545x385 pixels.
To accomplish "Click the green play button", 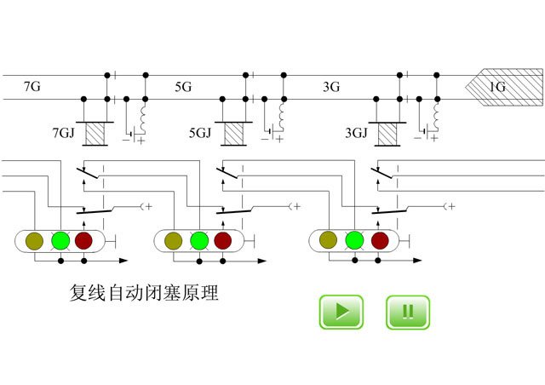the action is pos(341,312).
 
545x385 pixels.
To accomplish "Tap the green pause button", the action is pos(408,312).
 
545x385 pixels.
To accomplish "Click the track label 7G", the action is pos(32,86).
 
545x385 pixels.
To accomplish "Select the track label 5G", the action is pos(183,87).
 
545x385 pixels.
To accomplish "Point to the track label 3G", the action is pos(331,87).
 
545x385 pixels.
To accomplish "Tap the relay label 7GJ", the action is pos(63,133).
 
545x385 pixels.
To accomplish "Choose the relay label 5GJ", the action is pos(200,133).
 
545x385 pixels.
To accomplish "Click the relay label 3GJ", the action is pos(356,133).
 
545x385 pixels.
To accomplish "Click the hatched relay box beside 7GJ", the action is pos(95,134).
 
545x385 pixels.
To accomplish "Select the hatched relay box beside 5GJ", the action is pos(233,134).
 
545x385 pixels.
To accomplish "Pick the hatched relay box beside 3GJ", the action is pos(387,135).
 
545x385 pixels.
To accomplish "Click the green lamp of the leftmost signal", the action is pos(60,240).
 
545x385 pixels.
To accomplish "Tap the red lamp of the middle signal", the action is pos(223,241).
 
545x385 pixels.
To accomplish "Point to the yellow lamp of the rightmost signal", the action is pos(328,240).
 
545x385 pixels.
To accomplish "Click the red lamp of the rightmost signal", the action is pos(380,241).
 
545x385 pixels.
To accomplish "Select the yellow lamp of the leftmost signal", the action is pos(34,241).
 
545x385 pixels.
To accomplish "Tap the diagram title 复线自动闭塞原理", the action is pos(144,292).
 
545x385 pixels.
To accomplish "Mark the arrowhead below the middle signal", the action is pos(262,261).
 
